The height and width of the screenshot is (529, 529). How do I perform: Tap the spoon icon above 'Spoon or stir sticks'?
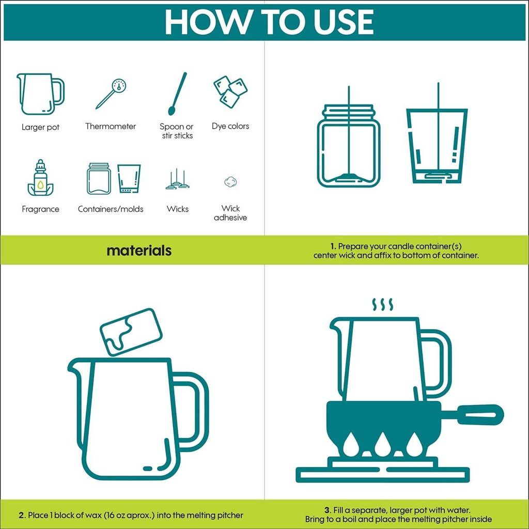[178, 94]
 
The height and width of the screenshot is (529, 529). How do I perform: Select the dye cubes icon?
[230, 91]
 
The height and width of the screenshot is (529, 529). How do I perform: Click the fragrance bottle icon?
[40, 178]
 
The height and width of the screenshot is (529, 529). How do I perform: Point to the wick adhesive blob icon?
[230, 182]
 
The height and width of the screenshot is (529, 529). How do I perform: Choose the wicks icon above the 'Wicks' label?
[178, 179]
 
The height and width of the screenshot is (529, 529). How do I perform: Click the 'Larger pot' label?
[40, 127]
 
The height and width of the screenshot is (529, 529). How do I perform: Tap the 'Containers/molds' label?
[111, 209]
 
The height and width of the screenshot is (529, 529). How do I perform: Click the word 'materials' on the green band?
[139, 251]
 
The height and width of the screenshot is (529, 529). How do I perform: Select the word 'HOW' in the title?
[207, 22]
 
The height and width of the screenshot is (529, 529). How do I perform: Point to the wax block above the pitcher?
[131, 332]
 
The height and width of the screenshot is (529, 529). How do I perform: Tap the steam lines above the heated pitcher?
[383, 304]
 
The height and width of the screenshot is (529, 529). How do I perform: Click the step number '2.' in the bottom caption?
[22, 515]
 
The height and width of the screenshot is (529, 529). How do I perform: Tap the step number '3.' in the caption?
[327, 510]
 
